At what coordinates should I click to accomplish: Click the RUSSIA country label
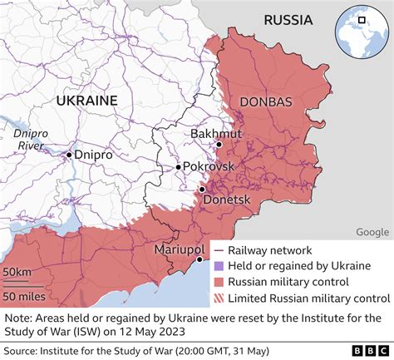(x=287, y=20)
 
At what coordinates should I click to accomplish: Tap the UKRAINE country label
(x=87, y=100)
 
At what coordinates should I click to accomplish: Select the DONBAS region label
(x=265, y=101)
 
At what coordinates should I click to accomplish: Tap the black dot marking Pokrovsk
(x=178, y=167)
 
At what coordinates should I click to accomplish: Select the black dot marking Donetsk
(x=202, y=190)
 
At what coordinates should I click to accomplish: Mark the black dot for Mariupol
(x=199, y=260)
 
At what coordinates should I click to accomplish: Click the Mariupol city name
(x=180, y=249)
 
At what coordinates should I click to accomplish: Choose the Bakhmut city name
(x=215, y=133)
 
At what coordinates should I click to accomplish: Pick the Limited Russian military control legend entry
(x=308, y=298)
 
